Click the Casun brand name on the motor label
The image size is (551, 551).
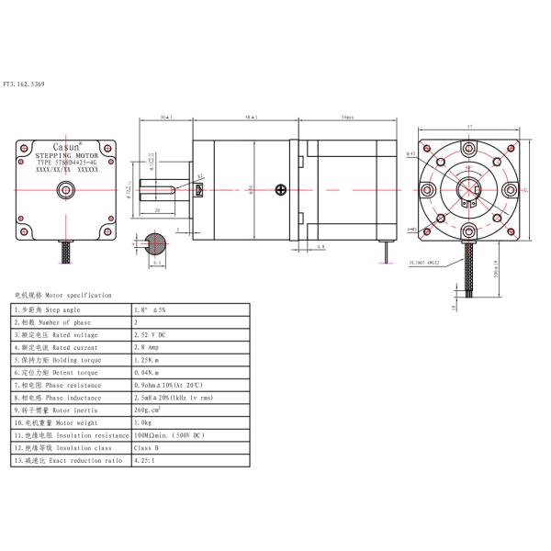click(x=65, y=147)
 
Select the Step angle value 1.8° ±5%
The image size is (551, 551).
click(x=153, y=310)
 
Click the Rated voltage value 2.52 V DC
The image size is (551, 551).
click(x=153, y=335)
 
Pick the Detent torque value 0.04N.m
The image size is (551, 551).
click(x=150, y=374)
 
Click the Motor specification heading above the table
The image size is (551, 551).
click(x=62, y=296)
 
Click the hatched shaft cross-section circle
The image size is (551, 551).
click(x=156, y=243)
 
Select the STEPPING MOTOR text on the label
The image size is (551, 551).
click(x=65, y=157)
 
